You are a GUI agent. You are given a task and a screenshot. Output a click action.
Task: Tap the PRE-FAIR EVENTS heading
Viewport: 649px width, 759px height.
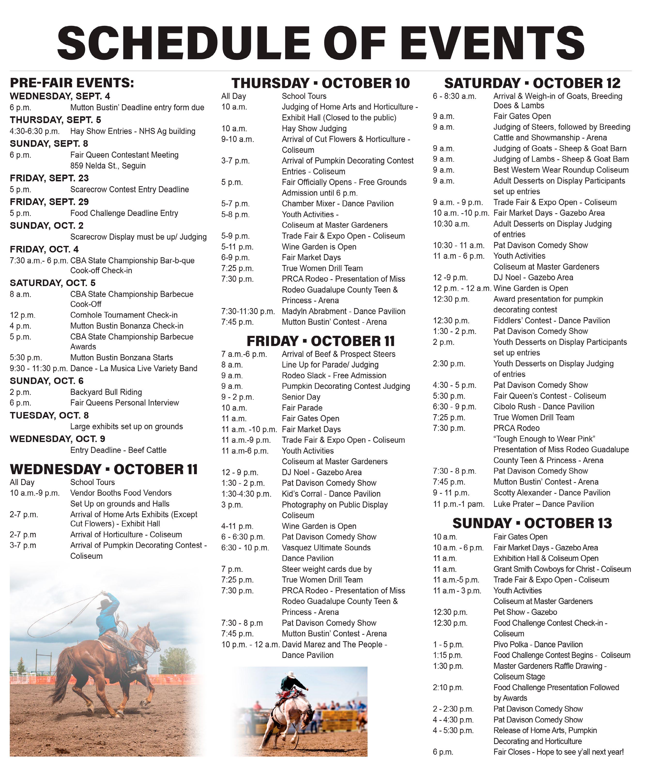click(72, 83)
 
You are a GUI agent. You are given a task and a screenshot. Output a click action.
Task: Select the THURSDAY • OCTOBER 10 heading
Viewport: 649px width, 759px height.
click(321, 83)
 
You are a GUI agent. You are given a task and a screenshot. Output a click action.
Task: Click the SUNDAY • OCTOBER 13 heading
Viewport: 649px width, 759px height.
click(532, 523)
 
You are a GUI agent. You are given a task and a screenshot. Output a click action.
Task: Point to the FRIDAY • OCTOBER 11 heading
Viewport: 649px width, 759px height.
click(321, 341)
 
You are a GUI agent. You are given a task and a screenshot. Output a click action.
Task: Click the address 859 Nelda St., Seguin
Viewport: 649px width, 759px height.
click(108, 166)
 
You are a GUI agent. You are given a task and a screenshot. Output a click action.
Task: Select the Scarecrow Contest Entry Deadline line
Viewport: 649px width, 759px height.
click(130, 189)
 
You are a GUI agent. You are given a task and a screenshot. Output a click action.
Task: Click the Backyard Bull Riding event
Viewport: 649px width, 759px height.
click(106, 392)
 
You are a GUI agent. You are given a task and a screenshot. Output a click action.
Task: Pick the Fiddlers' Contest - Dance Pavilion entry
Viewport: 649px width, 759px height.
click(551, 321)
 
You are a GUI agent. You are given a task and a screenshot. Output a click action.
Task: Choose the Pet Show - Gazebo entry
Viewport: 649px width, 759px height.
click(525, 612)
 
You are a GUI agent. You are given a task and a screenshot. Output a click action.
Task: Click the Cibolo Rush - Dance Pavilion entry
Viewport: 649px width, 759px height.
click(543, 407)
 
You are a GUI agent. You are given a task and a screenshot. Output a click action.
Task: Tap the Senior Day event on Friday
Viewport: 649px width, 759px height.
click(301, 397)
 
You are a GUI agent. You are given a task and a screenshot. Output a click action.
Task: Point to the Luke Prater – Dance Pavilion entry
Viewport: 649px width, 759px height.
click(543, 504)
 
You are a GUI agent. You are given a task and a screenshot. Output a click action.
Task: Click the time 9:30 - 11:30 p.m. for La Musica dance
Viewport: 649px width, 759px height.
click(38, 368)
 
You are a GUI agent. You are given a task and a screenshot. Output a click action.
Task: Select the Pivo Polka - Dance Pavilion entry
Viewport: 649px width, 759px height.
click(538, 644)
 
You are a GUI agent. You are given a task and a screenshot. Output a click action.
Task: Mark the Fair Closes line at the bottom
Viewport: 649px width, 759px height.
click(558, 752)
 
